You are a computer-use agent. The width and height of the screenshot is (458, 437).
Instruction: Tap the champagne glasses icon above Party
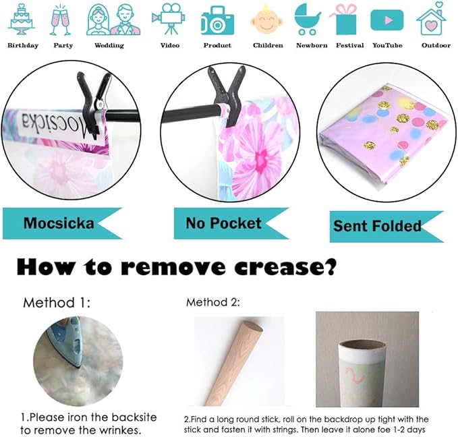pyautogui.click(x=61, y=20)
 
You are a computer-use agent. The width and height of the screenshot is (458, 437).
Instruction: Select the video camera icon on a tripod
pyautogui.click(x=169, y=19)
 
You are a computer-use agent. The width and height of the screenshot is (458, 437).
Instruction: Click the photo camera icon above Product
pyautogui.click(x=218, y=20)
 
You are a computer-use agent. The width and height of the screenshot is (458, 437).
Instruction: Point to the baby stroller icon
pyautogui.click(x=307, y=20)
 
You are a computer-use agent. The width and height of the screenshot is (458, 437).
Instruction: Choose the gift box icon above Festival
pyautogui.click(x=345, y=20)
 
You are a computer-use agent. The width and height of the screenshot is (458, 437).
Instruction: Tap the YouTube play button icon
pyautogui.click(x=387, y=20)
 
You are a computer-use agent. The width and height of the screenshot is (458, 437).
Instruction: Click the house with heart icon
pyautogui.click(x=432, y=19)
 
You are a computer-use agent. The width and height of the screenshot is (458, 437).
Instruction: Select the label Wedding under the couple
pyautogui.click(x=109, y=46)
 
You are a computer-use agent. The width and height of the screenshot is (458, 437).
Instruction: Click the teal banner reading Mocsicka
pyautogui.click(x=62, y=223)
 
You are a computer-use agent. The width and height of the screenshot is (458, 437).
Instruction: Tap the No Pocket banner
pyautogui.click(x=231, y=223)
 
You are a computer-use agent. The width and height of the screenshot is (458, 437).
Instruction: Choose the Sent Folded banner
pyautogui.click(x=387, y=227)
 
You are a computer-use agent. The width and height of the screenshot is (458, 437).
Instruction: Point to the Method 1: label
pyautogui.click(x=57, y=303)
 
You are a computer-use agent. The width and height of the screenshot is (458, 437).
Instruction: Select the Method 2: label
pyautogui.click(x=213, y=302)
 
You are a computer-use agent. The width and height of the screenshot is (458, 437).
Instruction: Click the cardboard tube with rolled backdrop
pyautogui.click(x=362, y=374)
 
